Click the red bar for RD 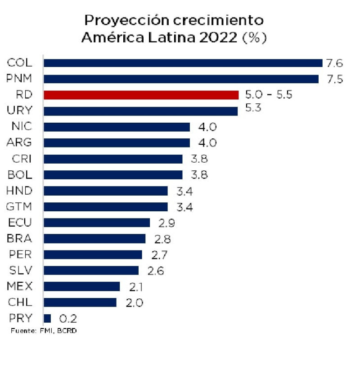click(141, 95)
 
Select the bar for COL click(183, 63)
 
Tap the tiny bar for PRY click(47, 318)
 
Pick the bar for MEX click(82, 286)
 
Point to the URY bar click(140, 111)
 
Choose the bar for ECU click(97, 223)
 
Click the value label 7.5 click(335, 80)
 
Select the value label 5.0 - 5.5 click(269, 95)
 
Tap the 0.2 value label click(68, 319)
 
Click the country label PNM click(20, 79)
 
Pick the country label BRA click(20, 239)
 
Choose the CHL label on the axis click(21, 302)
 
